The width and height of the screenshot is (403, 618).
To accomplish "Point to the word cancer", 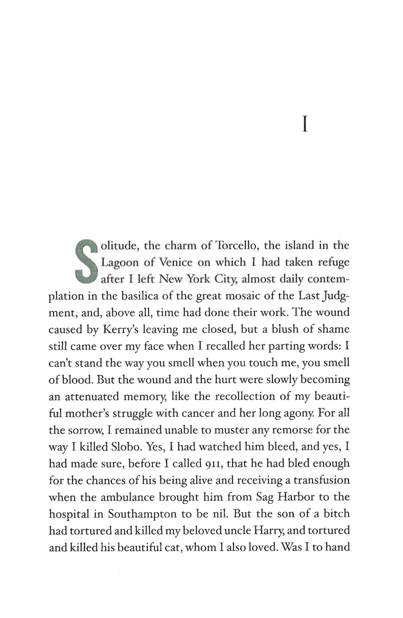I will tap(199, 413).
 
